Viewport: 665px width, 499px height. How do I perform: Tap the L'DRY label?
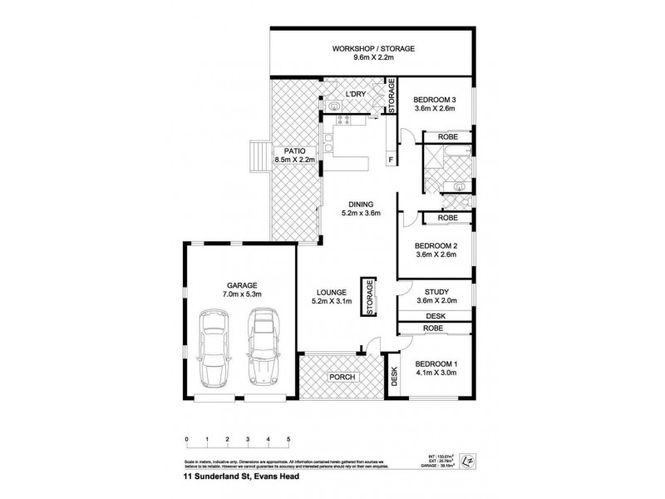pyautogui.click(x=357, y=95)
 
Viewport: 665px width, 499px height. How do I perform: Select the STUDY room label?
pyautogui.click(x=436, y=292)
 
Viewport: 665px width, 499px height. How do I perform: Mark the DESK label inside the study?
pyautogui.click(x=436, y=316)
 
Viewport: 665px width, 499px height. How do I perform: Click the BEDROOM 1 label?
pyautogui.click(x=436, y=364)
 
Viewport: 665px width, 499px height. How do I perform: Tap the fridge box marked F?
pyautogui.click(x=390, y=159)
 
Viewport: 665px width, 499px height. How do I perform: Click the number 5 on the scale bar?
pyautogui.click(x=288, y=438)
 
